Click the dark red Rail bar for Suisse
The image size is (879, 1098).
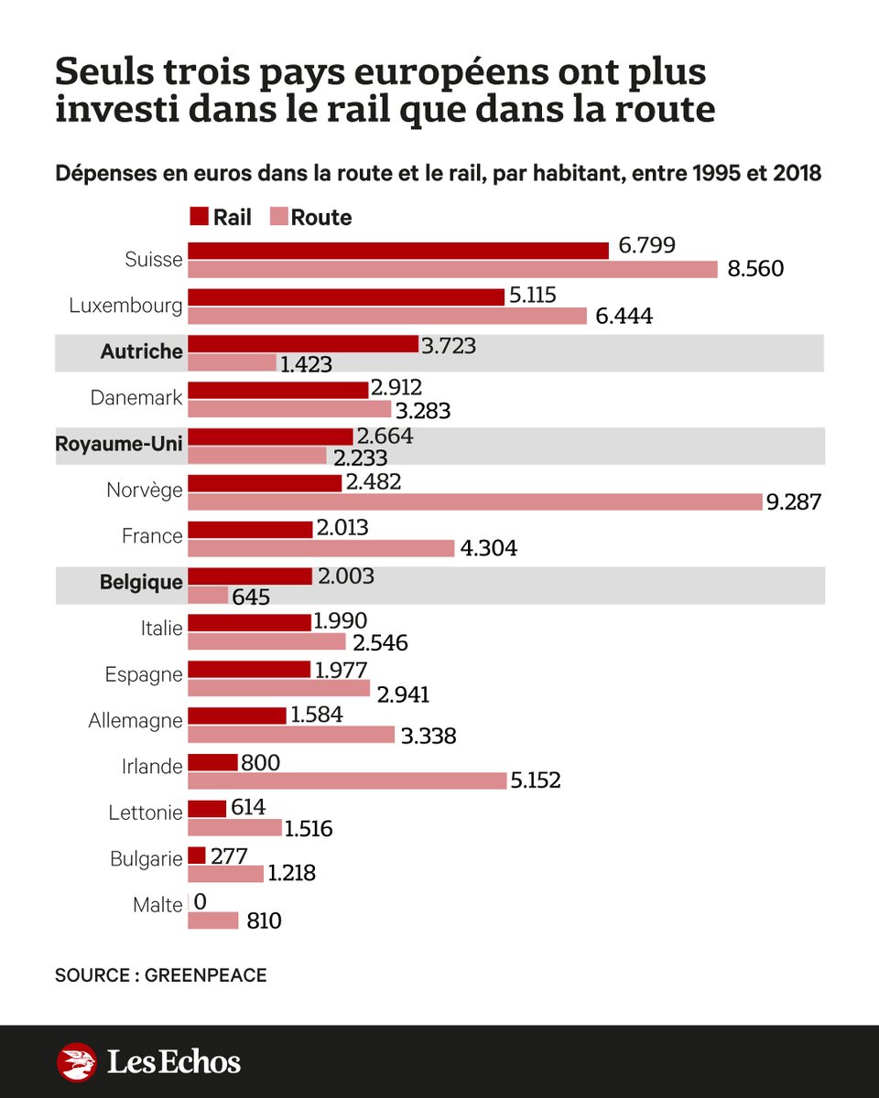(x=398, y=251)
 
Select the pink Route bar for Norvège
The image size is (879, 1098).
(x=475, y=501)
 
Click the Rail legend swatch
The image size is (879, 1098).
(x=199, y=217)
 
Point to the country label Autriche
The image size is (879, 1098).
(x=143, y=351)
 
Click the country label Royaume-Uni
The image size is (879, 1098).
(x=119, y=444)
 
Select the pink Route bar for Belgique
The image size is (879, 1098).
(x=208, y=595)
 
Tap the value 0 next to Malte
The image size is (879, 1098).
(x=201, y=902)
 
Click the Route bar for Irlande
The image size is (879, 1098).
(x=347, y=780)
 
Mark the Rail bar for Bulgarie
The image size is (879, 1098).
(x=197, y=856)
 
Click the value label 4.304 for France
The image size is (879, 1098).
(x=489, y=549)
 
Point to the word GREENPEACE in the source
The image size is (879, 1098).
(x=205, y=975)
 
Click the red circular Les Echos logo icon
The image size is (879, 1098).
(x=77, y=1062)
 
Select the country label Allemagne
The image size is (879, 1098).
(x=136, y=721)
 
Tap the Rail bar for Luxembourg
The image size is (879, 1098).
(x=346, y=297)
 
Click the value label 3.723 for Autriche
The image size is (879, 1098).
(x=449, y=345)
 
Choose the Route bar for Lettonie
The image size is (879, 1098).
(x=234, y=827)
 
